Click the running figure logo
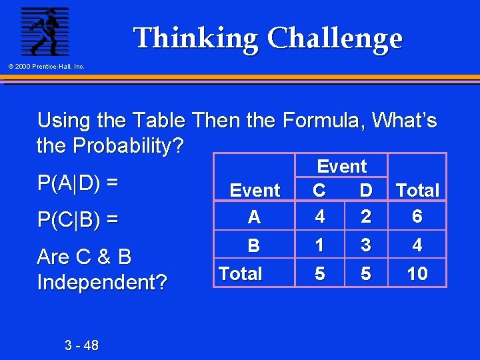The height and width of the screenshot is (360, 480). point(44,31)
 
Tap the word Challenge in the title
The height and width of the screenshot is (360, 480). point(335,39)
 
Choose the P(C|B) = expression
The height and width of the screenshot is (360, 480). point(78,219)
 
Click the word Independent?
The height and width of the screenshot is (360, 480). point(102,283)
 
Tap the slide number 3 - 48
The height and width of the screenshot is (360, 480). point(82,345)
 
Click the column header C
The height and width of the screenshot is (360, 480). point(319,191)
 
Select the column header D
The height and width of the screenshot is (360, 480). point(365,191)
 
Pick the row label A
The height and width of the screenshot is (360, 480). point(254,217)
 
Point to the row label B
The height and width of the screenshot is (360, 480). point(254,246)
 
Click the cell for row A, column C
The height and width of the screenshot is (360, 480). point(319,217)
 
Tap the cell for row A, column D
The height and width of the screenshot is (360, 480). point(365,217)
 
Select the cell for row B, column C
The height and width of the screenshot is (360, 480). point(319,245)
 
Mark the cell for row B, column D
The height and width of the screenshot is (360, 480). point(365,245)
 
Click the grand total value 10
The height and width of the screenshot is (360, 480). point(417,274)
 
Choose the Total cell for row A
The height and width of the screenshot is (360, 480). point(417,217)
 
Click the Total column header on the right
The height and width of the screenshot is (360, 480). point(417,191)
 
